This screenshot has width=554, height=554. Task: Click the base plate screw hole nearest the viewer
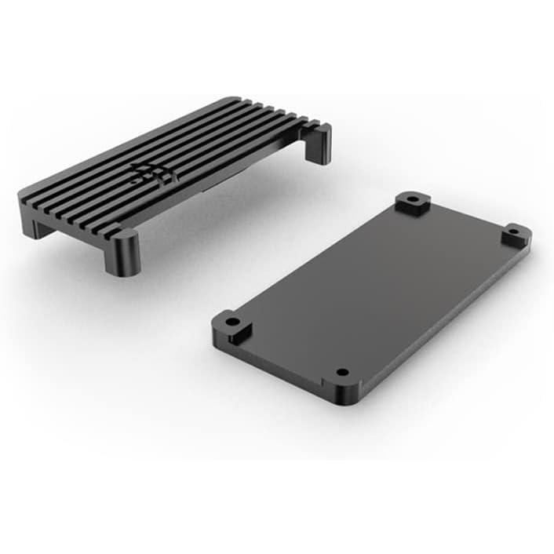(x=341, y=372)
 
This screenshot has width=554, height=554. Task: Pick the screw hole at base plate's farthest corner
(x=411, y=200)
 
